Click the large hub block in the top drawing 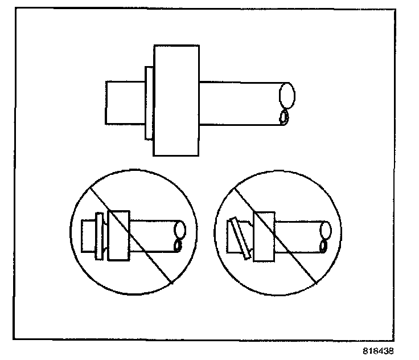click(176, 100)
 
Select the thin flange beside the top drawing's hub click(149, 103)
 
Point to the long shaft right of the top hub click(239, 103)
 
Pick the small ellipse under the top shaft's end click(283, 118)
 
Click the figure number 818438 click(377, 351)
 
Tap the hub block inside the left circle click(119, 236)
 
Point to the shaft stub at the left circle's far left click(88, 235)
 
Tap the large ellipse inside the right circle click(326, 231)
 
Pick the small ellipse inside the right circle click(323, 246)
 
